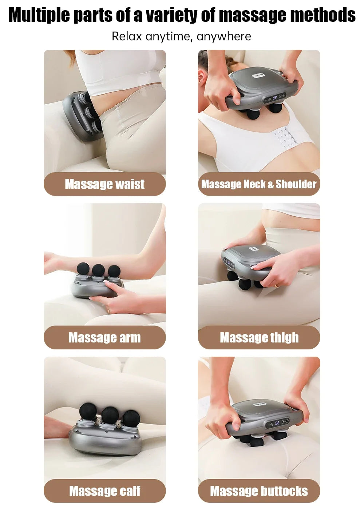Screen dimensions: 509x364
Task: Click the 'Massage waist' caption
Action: [105, 184]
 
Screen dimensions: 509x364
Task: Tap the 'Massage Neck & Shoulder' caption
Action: [259, 184]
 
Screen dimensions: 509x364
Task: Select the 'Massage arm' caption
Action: [105, 338]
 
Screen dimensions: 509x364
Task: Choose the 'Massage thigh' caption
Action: [259, 338]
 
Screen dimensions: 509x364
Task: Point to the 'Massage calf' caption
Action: [105, 491]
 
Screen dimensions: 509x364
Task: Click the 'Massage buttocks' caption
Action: [259, 491]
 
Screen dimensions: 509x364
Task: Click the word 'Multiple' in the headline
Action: [39, 15]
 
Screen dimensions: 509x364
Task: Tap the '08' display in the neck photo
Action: [275, 97]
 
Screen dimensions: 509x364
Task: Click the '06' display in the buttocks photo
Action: [277, 423]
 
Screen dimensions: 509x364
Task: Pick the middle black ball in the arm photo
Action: [98, 270]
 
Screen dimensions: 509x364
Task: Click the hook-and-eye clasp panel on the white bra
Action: [284, 137]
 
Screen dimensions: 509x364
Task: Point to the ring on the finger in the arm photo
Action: [108, 311]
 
